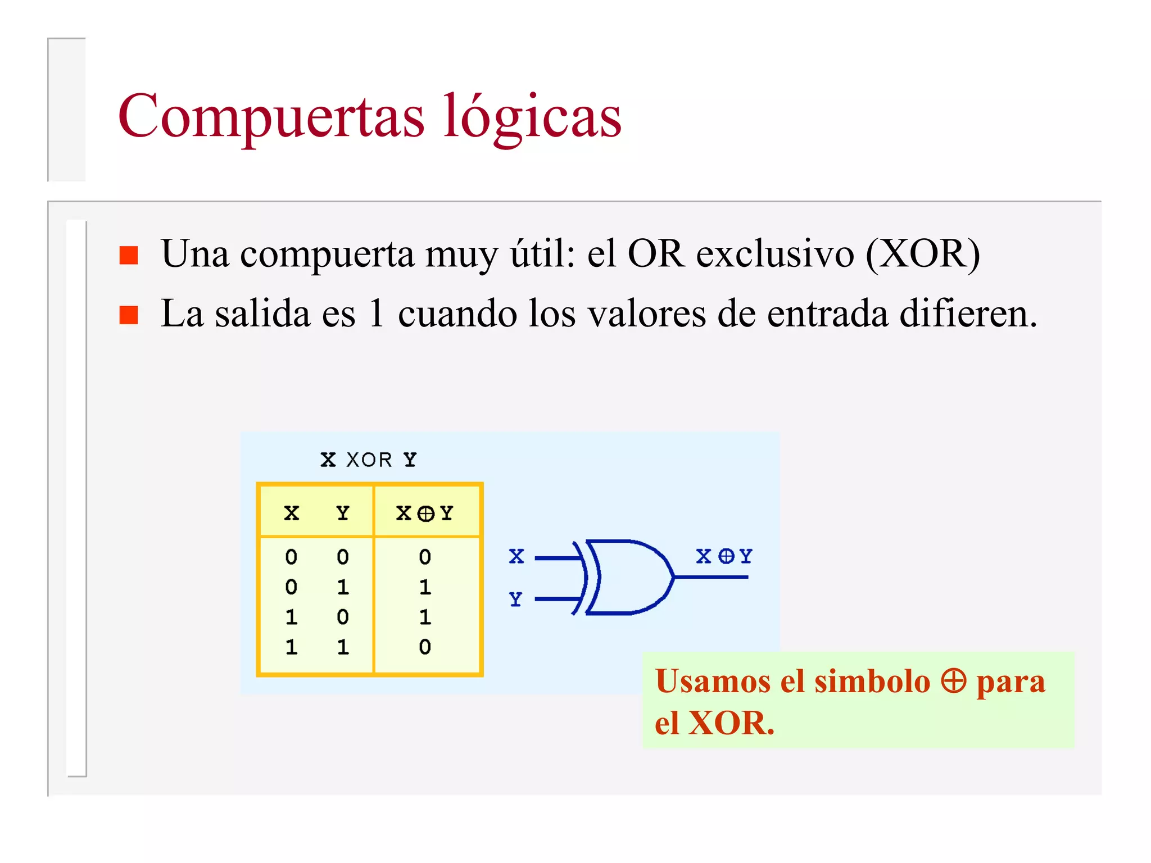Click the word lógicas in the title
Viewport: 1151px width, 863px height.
(532, 117)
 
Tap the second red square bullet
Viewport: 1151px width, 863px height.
(129, 315)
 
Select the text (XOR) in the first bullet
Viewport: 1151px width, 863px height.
(923, 255)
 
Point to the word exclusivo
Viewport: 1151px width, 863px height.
(775, 255)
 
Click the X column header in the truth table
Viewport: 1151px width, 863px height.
(291, 513)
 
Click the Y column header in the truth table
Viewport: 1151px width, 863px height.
(343, 513)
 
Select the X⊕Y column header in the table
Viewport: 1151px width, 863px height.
(425, 513)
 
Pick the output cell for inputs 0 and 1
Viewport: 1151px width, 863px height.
(425, 587)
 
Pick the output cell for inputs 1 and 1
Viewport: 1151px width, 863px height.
(425, 647)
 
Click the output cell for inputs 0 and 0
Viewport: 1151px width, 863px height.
(425, 557)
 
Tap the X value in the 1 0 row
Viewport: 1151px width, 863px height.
(291, 617)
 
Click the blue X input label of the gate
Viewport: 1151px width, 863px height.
(516, 556)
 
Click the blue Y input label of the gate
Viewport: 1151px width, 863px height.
(515, 599)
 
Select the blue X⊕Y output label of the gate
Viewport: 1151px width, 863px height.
(723, 556)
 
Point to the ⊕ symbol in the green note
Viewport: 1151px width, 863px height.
(953, 681)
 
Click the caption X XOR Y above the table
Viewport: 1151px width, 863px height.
(369, 460)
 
